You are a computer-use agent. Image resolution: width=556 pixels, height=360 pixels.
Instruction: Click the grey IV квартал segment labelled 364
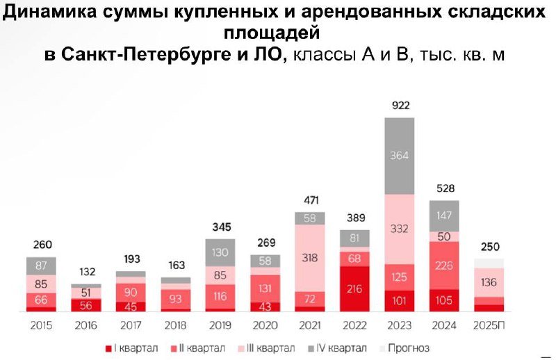(400, 155)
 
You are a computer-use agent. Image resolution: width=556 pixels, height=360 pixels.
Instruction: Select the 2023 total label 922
(400, 106)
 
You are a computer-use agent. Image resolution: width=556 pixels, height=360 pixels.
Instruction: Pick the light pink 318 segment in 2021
(310, 258)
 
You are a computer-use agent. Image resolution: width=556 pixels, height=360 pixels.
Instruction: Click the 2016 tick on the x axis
(86, 325)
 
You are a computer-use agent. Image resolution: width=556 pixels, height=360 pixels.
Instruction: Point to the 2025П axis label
(490, 325)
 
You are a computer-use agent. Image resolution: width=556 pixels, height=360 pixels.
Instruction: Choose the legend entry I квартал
(133, 347)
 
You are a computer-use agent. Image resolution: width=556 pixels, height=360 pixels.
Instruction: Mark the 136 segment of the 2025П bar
(490, 282)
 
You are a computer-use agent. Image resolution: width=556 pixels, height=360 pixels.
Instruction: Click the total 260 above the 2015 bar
(42, 245)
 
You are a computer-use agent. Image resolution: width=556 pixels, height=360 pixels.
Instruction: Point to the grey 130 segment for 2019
(221, 252)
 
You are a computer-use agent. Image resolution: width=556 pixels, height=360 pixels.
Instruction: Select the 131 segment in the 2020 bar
(265, 288)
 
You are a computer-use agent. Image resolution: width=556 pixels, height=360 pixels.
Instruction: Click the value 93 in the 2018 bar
(176, 299)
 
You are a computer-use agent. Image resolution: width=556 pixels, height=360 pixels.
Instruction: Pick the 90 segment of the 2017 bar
(131, 292)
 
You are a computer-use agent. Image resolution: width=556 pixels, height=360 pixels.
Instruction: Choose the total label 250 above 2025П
(490, 247)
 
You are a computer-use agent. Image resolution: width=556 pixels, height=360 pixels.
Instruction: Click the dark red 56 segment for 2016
(86, 304)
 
